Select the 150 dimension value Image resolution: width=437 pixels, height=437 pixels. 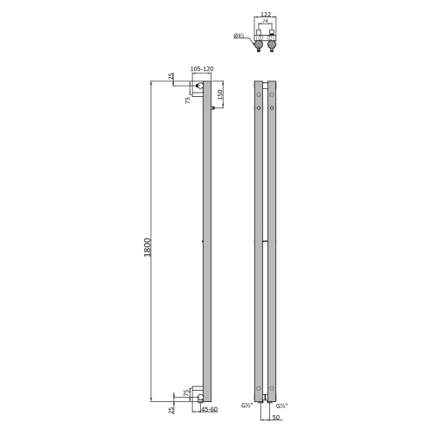pos(220,94)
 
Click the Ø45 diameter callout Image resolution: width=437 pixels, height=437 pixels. pos(239,36)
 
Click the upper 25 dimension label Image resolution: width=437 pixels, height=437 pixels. pos(172,76)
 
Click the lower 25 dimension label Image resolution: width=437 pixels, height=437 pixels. pos(172,406)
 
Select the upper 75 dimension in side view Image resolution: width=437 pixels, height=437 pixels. pos(189,101)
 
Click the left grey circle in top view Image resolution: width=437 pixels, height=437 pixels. pos(260,39)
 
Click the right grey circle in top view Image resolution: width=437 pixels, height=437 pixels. pos(274,39)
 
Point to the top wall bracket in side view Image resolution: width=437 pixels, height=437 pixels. pos(201,87)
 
